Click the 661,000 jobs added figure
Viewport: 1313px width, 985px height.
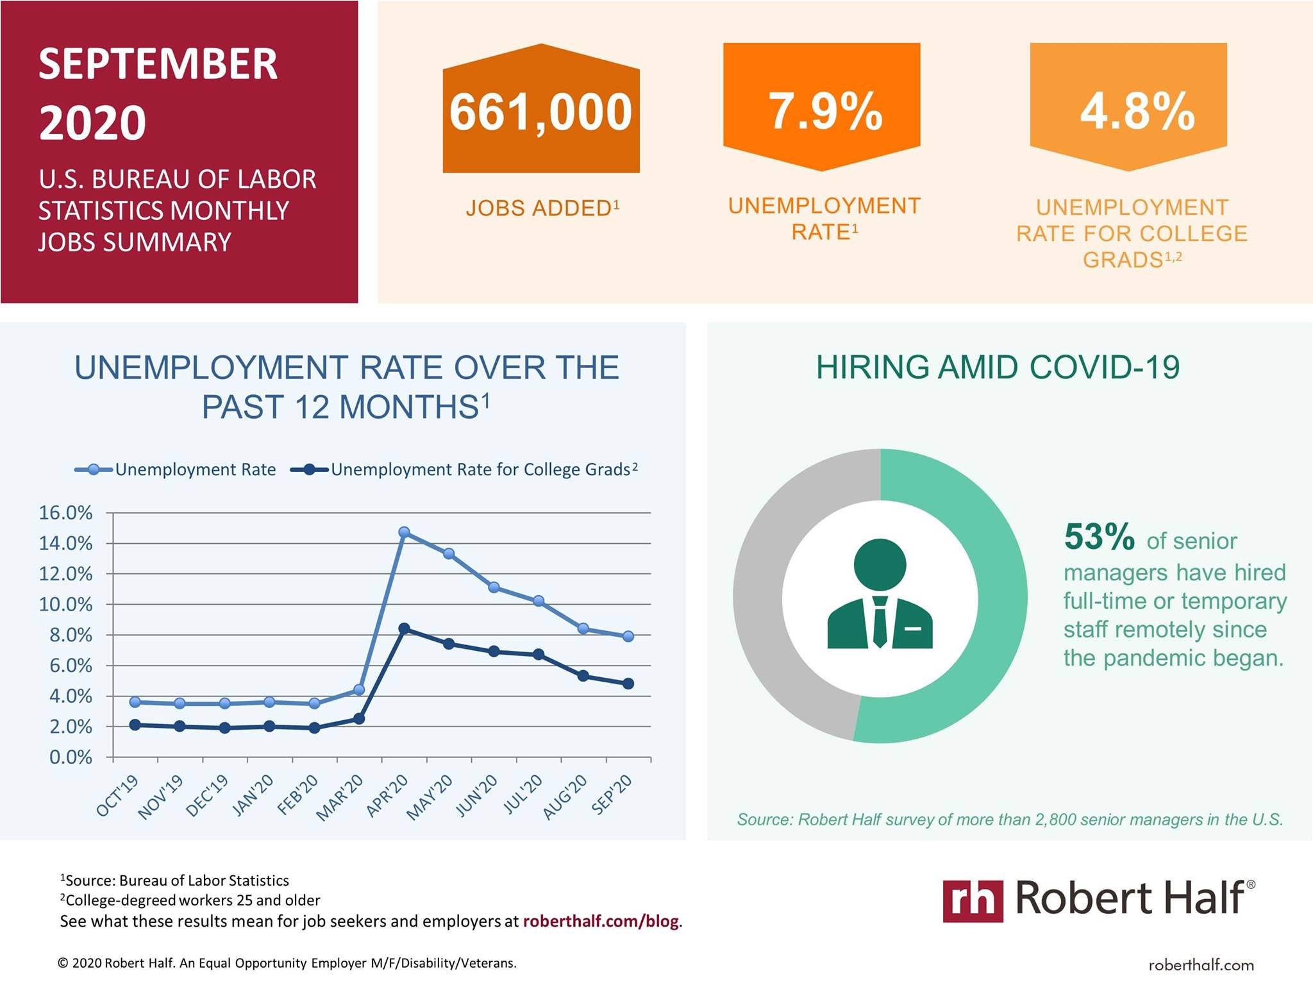(541, 112)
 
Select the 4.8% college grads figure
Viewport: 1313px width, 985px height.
(1137, 112)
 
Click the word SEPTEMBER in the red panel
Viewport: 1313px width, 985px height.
(158, 64)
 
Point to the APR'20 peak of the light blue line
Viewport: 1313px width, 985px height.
(404, 532)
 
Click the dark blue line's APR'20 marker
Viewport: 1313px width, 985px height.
(404, 629)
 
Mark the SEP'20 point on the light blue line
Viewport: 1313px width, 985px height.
(628, 636)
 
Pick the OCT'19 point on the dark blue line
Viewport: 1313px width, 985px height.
(135, 725)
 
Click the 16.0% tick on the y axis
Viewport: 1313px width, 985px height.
(65, 513)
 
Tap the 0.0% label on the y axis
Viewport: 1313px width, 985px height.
(71, 757)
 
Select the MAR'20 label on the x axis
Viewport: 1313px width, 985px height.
(340, 797)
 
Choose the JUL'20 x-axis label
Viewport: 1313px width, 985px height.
(523, 794)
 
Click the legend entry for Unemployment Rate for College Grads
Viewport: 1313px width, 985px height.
(464, 469)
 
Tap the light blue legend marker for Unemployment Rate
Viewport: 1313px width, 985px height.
(94, 469)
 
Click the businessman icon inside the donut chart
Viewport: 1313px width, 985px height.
(880, 594)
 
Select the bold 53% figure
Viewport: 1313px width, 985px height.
(1100, 537)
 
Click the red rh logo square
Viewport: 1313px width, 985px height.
(973, 901)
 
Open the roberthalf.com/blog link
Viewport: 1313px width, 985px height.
(601, 922)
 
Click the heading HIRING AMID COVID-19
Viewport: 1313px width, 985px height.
(998, 367)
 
